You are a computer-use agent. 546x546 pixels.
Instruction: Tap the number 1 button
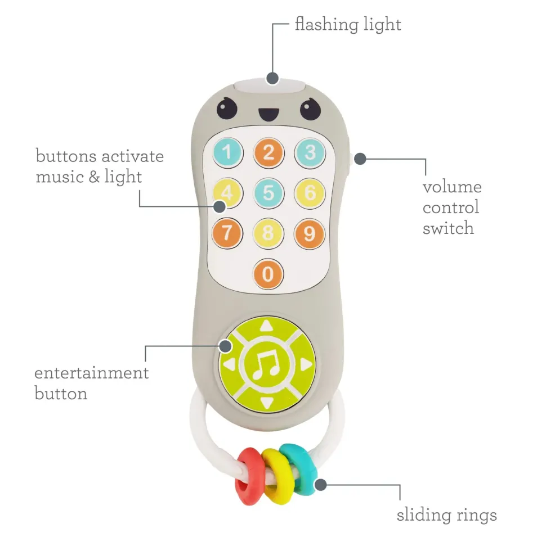click(227, 152)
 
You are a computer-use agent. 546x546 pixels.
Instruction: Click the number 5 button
click(268, 193)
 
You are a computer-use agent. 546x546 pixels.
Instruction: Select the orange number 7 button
click(227, 233)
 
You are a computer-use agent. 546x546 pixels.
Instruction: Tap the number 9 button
click(309, 233)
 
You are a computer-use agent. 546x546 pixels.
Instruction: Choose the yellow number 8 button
click(268, 233)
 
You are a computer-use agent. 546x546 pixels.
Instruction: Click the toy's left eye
click(227, 107)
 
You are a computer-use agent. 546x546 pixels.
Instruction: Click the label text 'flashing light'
click(348, 25)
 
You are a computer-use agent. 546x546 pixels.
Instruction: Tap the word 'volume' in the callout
click(452, 187)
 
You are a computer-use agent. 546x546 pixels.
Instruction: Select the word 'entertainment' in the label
click(92, 373)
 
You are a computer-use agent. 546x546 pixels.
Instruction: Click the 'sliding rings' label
click(447, 515)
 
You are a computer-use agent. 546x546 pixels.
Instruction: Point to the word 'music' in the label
click(58, 177)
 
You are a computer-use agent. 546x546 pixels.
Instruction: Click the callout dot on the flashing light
click(272, 78)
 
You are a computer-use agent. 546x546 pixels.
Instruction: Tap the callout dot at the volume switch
click(361, 159)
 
